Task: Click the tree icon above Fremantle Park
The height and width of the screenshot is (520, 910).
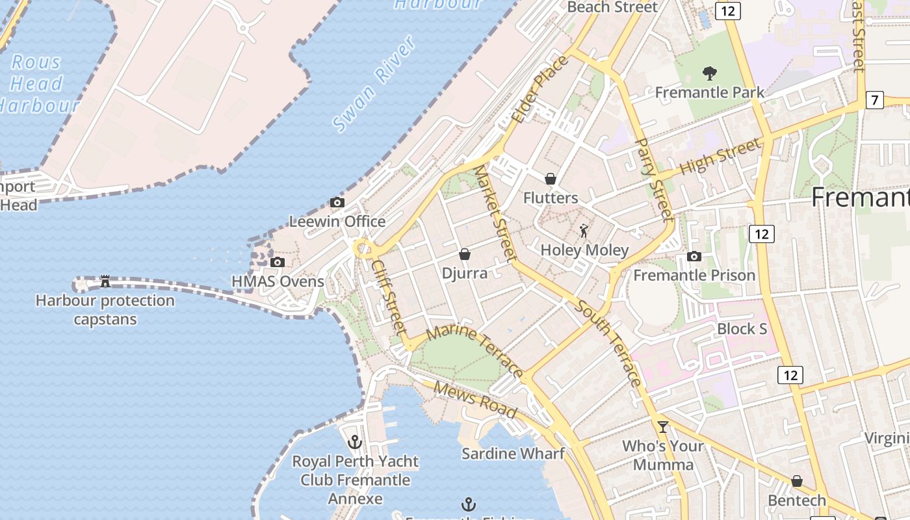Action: click(x=710, y=73)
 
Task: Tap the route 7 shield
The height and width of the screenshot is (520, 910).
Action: click(x=875, y=101)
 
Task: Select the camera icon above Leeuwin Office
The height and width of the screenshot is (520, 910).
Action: click(x=337, y=203)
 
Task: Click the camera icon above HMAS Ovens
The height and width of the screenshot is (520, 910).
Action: click(x=278, y=263)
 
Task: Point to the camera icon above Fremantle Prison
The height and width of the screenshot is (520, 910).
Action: click(x=694, y=257)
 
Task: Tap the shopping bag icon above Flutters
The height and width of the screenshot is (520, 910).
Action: click(x=551, y=179)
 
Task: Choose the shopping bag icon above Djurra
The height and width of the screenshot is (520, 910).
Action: click(x=465, y=254)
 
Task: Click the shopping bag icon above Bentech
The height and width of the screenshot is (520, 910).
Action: click(x=797, y=482)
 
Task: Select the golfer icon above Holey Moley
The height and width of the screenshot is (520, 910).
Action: click(x=584, y=231)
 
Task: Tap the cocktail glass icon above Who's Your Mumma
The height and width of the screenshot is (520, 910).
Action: click(x=662, y=427)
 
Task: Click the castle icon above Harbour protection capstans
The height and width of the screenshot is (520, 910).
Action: click(x=105, y=281)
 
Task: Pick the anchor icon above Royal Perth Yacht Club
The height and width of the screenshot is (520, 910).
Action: click(x=355, y=443)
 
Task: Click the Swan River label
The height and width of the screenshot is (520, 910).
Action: click(x=374, y=84)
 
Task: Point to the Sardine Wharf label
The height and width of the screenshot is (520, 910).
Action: click(x=513, y=454)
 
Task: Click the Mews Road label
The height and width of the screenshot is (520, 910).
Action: click(x=475, y=400)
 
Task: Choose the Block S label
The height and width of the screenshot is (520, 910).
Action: click(x=742, y=329)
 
